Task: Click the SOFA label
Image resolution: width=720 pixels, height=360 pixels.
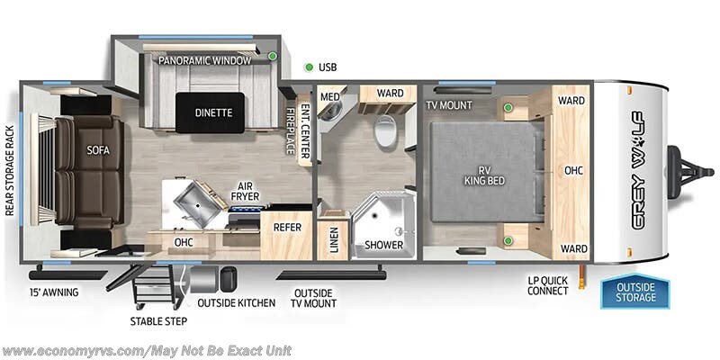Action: (97, 151)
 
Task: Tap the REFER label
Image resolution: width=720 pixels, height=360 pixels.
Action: (287, 228)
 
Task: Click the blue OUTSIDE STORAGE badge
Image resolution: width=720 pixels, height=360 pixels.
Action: (635, 292)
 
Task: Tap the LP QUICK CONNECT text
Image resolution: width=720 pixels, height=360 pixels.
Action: (549, 284)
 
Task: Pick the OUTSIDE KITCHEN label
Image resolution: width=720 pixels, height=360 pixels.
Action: (236, 302)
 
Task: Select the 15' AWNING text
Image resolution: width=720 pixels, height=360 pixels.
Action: (54, 292)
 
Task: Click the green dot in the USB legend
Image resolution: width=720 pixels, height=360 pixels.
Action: (308, 67)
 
